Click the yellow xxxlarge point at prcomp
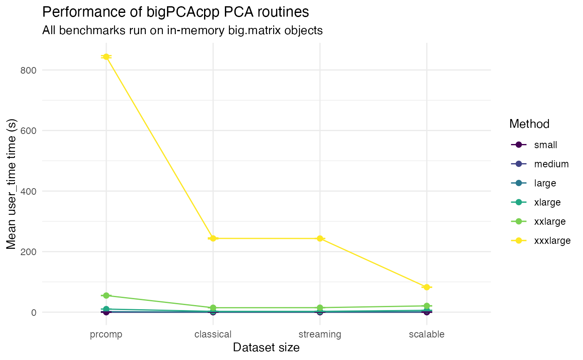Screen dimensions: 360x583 coord(106,57)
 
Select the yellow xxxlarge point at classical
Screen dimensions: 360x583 coord(213,238)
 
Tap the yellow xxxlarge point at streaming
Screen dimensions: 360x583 coord(320,238)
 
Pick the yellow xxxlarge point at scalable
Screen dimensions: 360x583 coord(427,287)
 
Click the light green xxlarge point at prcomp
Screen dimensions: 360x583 coord(106,295)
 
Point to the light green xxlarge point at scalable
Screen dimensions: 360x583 coord(427,306)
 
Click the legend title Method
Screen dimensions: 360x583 coord(529,124)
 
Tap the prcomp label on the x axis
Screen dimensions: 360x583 coord(106,334)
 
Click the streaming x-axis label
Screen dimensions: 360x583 coord(320,334)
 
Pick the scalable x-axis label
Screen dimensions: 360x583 coord(427,334)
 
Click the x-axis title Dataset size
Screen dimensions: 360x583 coord(267,348)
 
